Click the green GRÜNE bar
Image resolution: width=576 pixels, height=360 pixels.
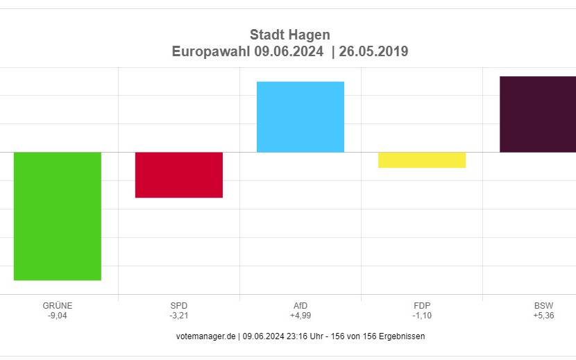point(58,216)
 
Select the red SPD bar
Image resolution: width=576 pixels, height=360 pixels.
point(179,175)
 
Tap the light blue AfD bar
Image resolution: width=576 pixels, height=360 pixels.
point(300,117)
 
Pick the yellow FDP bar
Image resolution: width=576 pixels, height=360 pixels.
point(422,160)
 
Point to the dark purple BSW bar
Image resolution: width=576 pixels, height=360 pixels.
point(538,114)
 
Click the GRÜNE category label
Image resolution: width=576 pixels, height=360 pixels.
point(58,305)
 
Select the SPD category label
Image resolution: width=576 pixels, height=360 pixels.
point(179,305)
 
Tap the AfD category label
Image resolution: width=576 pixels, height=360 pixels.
point(300,305)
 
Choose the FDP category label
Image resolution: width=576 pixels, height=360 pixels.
point(422,305)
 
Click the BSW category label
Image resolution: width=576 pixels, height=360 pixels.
point(543,305)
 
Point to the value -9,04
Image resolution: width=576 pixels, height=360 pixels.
point(58,316)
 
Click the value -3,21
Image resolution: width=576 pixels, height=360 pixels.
point(179,316)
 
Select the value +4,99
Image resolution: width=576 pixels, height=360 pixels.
point(300,316)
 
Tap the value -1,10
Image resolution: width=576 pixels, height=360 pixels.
point(422,316)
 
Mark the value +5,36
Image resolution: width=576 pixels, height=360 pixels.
point(543,316)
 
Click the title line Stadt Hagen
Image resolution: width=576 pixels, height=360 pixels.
point(289,35)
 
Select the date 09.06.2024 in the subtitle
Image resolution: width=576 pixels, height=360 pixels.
point(288,52)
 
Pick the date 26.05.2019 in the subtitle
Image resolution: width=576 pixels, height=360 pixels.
point(373,52)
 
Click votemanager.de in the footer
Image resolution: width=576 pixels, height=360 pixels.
point(206,336)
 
